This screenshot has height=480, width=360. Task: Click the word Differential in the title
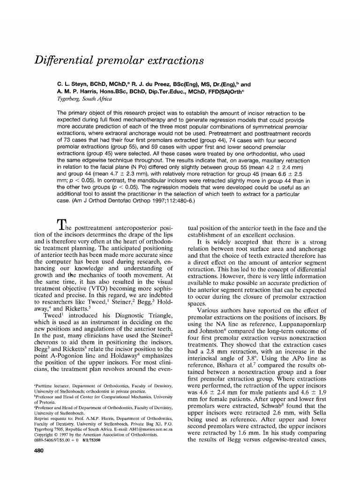(x=65, y=61)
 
